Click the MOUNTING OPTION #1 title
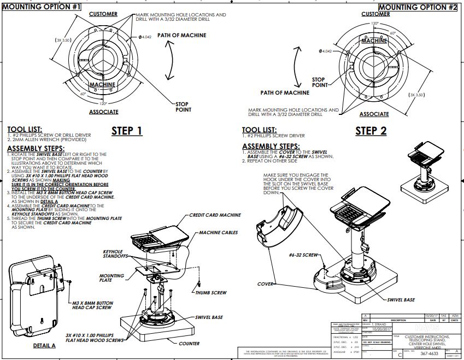(42, 7)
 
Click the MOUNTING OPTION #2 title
(418, 7)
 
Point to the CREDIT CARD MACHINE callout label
(215, 215)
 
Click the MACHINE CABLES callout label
(218, 233)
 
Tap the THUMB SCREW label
(211, 293)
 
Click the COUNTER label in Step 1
(189, 344)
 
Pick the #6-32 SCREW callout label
(303, 256)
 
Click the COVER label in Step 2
(266, 284)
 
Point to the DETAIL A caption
(44, 346)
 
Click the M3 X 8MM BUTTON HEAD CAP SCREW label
(92, 305)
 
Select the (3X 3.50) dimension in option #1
(64, 40)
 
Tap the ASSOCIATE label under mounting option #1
(103, 112)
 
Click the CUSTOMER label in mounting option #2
(375, 14)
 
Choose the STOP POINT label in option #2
(319, 82)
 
